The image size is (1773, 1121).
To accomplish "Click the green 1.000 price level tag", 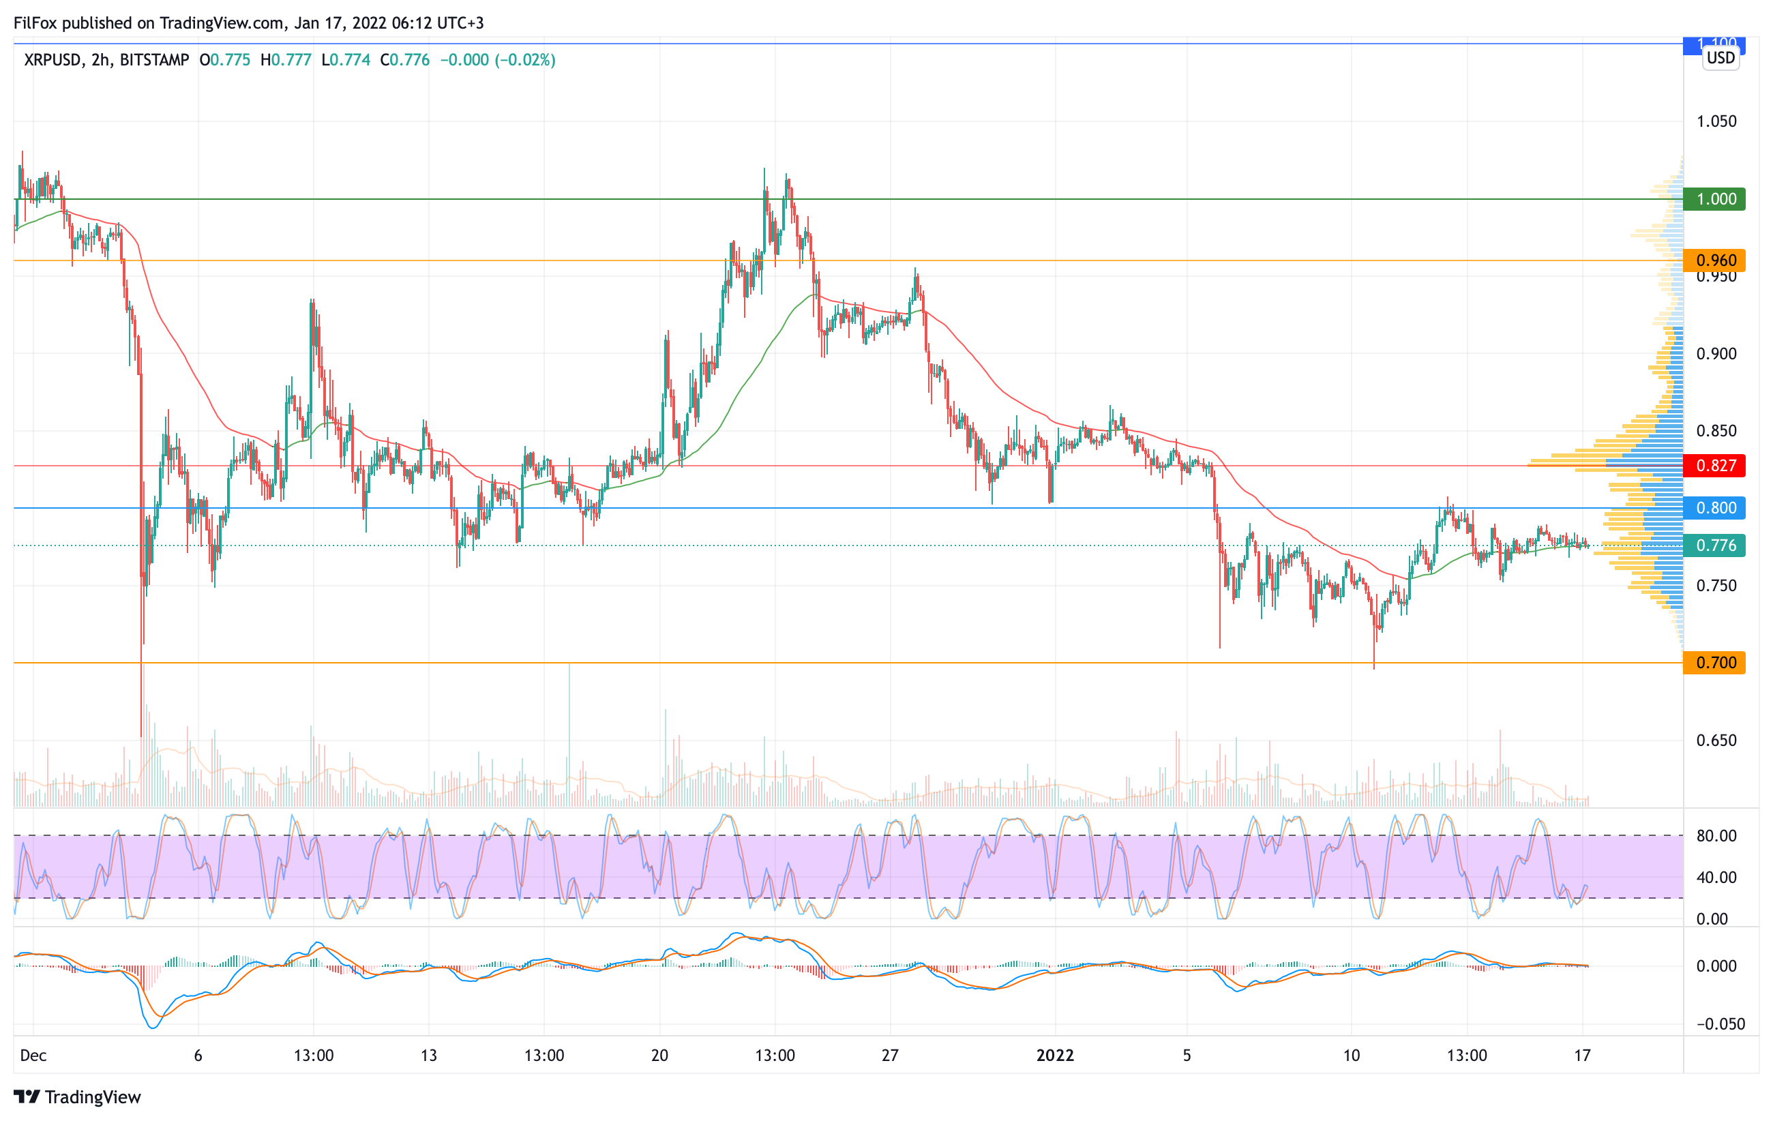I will tap(1714, 198).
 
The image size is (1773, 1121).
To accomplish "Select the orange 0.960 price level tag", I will tap(1714, 260).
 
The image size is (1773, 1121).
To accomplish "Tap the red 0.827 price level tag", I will tap(1714, 465).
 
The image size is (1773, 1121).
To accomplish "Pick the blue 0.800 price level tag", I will tap(1714, 508).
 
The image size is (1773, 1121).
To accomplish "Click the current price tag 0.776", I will tap(1714, 545).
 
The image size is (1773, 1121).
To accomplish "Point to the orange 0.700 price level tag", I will tap(1714, 663).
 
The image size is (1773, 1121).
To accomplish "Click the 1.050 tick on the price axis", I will tap(1716, 121).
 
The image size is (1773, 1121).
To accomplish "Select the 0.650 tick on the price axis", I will tap(1716, 741).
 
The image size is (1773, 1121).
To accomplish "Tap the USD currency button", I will tap(1720, 58).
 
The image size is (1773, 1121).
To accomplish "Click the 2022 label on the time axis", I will tap(1055, 1056).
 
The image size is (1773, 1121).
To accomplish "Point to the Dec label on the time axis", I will tap(33, 1056).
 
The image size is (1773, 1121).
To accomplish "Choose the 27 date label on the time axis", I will tap(890, 1056).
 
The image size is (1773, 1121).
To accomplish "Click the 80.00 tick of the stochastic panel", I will tap(1716, 836).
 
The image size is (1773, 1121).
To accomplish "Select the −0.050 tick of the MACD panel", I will tap(1720, 1024).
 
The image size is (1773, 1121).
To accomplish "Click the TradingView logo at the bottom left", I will tap(77, 1096).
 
